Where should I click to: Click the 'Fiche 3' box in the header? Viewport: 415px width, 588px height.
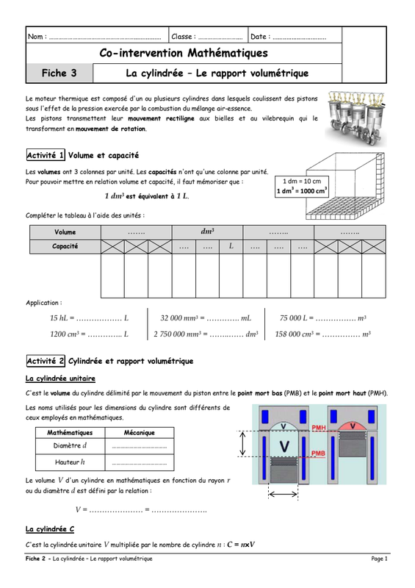pyautogui.click(x=59, y=73)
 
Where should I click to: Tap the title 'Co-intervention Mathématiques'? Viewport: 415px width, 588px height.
pyautogui.click(x=184, y=53)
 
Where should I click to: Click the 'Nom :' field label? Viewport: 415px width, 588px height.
pyautogui.click(x=37, y=37)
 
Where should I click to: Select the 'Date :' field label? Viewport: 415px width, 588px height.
pyautogui.click(x=260, y=37)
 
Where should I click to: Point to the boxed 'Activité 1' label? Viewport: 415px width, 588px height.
pyautogui.click(x=46, y=155)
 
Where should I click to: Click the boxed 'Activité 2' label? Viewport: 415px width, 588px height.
pyautogui.click(x=46, y=361)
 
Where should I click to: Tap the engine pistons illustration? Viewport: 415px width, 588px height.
pyautogui.click(x=356, y=118)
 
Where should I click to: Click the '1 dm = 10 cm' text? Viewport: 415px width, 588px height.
pyautogui.click(x=302, y=181)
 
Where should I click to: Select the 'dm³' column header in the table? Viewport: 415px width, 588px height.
pyautogui.click(x=207, y=232)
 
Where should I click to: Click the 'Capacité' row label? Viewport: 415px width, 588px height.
pyautogui.click(x=65, y=246)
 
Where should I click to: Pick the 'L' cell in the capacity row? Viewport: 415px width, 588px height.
pyautogui.click(x=231, y=246)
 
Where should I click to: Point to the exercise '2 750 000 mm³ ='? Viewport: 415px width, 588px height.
pyautogui.click(x=180, y=334)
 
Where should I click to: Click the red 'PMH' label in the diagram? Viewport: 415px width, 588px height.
pyautogui.click(x=319, y=428)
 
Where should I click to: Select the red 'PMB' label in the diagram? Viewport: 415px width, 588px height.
pyautogui.click(x=318, y=453)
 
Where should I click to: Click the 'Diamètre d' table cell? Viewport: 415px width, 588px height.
pyautogui.click(x=70, y=445)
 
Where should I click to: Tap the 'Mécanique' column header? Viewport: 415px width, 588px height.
pyautogui.click(x=140, y=432)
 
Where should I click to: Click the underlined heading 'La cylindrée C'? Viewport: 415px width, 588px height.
pyautogui.click(x=50, y=529)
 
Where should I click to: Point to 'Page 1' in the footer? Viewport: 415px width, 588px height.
pyautogui.click(x=380, y=559)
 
